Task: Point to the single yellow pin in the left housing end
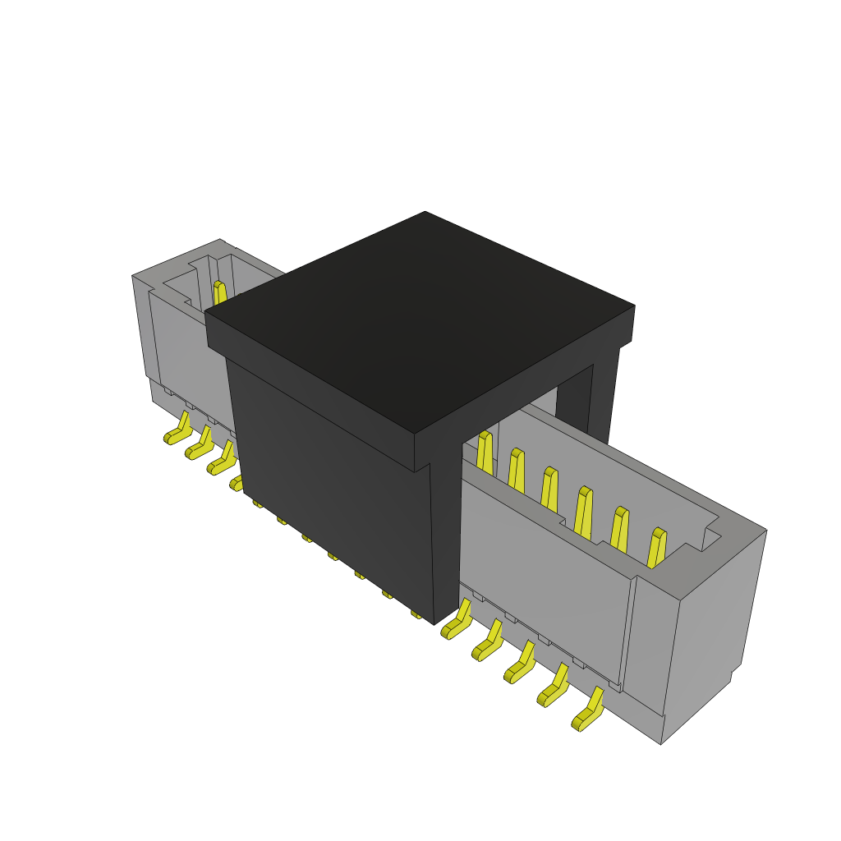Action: click(219, 293)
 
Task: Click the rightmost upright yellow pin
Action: click(655, 549)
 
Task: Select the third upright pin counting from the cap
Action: click(549, 489)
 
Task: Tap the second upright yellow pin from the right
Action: click(619, 530)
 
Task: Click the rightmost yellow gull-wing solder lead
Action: click(588, 711)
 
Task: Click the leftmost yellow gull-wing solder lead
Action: click(177, 430)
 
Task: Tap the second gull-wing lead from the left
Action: click(199, 445)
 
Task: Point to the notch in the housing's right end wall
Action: click(711, 537)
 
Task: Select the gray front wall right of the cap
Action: click(542, 567)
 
